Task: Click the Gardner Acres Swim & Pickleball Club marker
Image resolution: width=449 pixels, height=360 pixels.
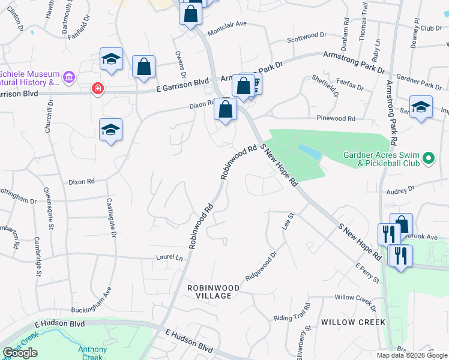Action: (x=429, y=158)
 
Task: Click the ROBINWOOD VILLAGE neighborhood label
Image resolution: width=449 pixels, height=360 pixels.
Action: (x=213, y=292)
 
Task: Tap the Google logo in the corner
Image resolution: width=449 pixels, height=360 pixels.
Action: (x=20, y=353)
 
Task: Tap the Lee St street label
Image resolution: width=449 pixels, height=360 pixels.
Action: (x=287, y=223)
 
